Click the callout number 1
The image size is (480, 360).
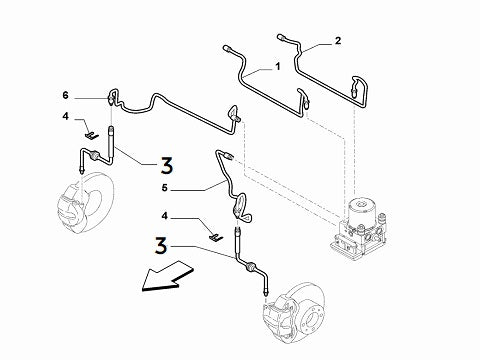click(x=278, y=68)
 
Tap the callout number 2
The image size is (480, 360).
click(x=337, y=41)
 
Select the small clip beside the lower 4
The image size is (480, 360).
click(x=215, y=235)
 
